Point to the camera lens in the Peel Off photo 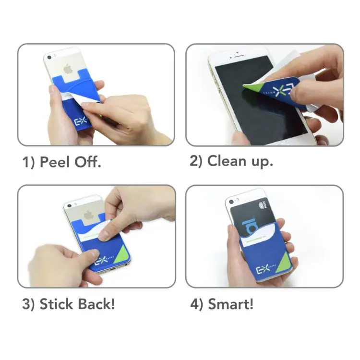(48, 57)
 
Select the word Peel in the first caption (55, 162)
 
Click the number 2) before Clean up (196, 161)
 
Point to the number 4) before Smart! (196, 304)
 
